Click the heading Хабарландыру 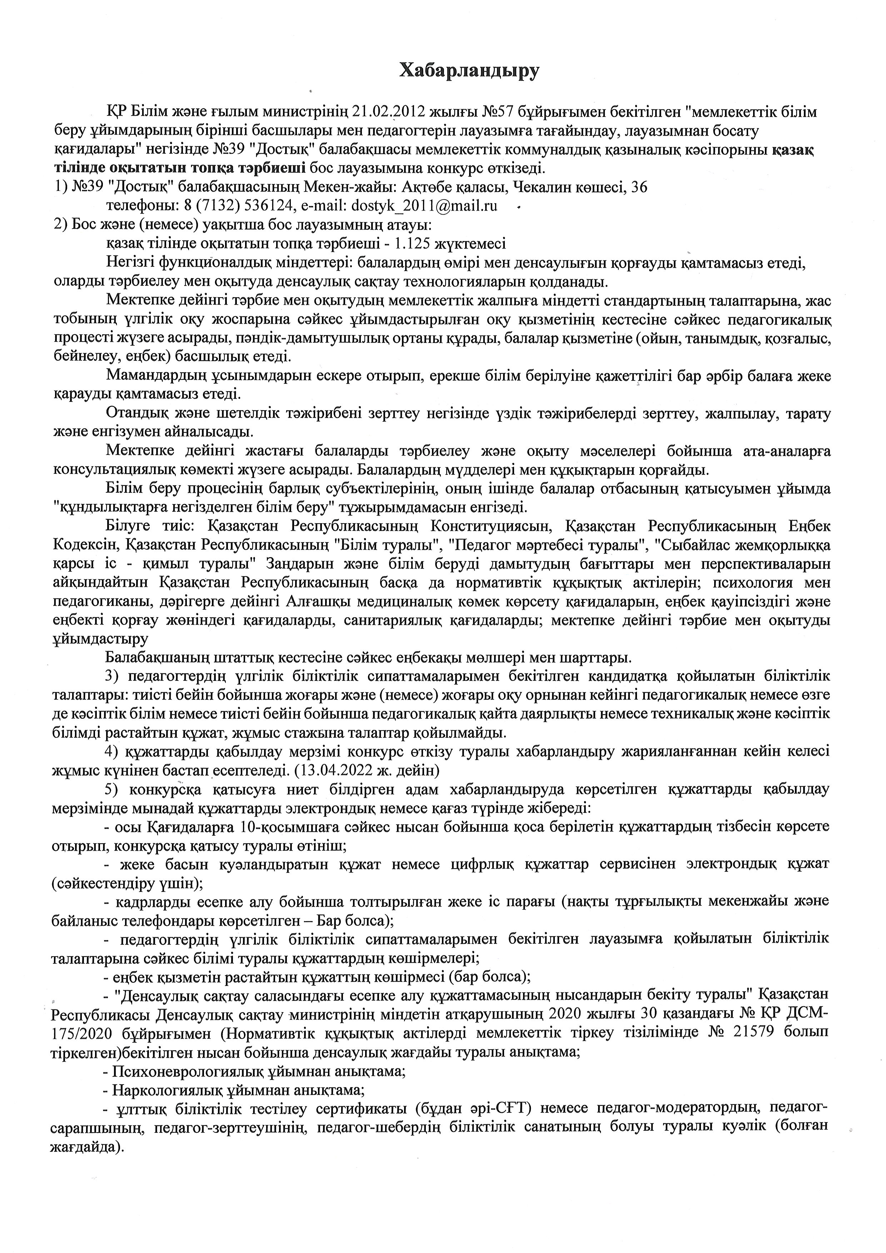pos(469,71)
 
